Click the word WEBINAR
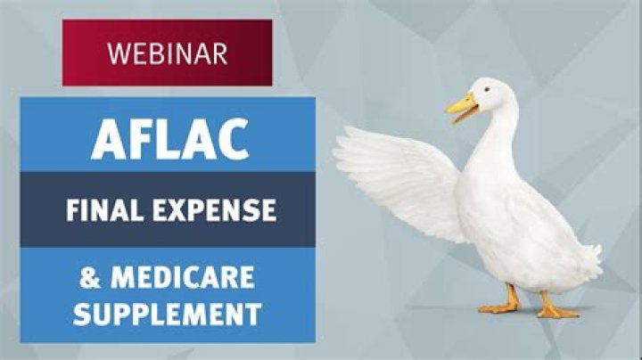pyautogui.click(x=167, y=53)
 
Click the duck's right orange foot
pyautogui.click(x=556, y=307)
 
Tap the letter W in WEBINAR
pyautogui.click(x=117, y=53)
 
